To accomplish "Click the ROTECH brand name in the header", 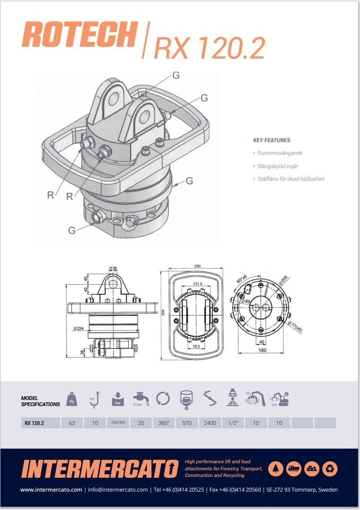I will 79,34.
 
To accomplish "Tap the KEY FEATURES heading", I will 272,140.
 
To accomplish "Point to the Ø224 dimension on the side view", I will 79,328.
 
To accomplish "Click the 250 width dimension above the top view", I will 197,266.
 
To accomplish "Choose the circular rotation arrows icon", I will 163,399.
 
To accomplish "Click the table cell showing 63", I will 72,423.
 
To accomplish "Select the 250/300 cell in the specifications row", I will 118,423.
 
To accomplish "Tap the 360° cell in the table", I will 163,423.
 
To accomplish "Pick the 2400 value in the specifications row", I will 209,423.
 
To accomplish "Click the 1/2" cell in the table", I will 232,423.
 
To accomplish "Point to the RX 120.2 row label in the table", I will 34,423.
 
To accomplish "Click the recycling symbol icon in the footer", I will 330,468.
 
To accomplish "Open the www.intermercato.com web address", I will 51,490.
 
